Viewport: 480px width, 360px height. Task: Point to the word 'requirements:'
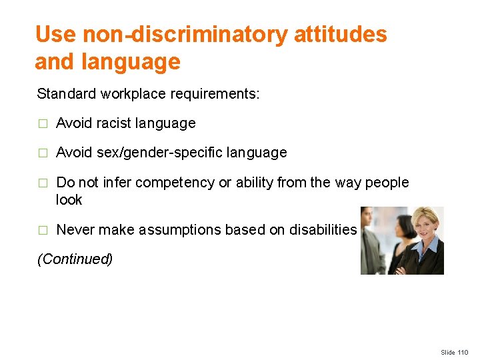tap(215, 94)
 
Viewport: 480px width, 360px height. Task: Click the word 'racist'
tap(113, 123)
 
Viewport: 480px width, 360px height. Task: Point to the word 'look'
tap(69, 200)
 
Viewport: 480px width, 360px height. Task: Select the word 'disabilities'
tap(323, 230)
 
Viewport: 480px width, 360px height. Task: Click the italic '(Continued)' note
tap(75, 259)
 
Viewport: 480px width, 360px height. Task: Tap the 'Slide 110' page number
tap(455, 352)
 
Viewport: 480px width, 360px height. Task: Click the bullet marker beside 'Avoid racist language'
tap(43, 124)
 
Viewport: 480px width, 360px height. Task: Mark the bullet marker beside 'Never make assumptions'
tap(43, 231)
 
